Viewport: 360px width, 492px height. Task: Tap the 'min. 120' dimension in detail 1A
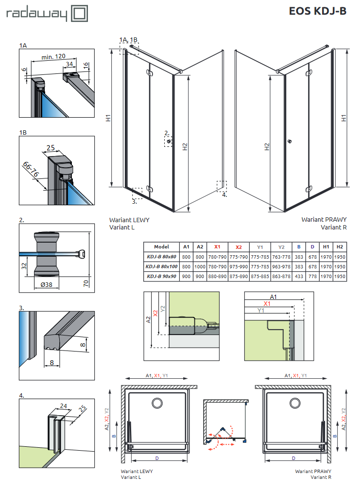[x=53, y=56]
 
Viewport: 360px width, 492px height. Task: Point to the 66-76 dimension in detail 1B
[x=34, y=170]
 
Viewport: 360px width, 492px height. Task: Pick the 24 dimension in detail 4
[x=63, y=404]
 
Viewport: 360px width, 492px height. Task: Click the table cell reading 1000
[x=200, y=266]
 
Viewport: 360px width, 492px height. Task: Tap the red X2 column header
[x=239, y=246]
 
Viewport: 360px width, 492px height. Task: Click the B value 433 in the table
[x=299, y=276]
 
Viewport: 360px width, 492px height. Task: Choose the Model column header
[x=162, y=246]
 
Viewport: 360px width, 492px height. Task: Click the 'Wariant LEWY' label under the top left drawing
[x=129, y=220]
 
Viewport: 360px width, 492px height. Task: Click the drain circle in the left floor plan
[x=157, y=404]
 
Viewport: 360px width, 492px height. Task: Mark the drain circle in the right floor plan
[x=294, y=404]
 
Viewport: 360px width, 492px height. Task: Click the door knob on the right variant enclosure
[x=289, y=141]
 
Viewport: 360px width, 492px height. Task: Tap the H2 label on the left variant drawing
[x=185, y=147]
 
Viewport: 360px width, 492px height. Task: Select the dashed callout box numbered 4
[x=222, y=186]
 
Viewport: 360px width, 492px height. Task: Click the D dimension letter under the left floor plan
[x=156, y=458]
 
